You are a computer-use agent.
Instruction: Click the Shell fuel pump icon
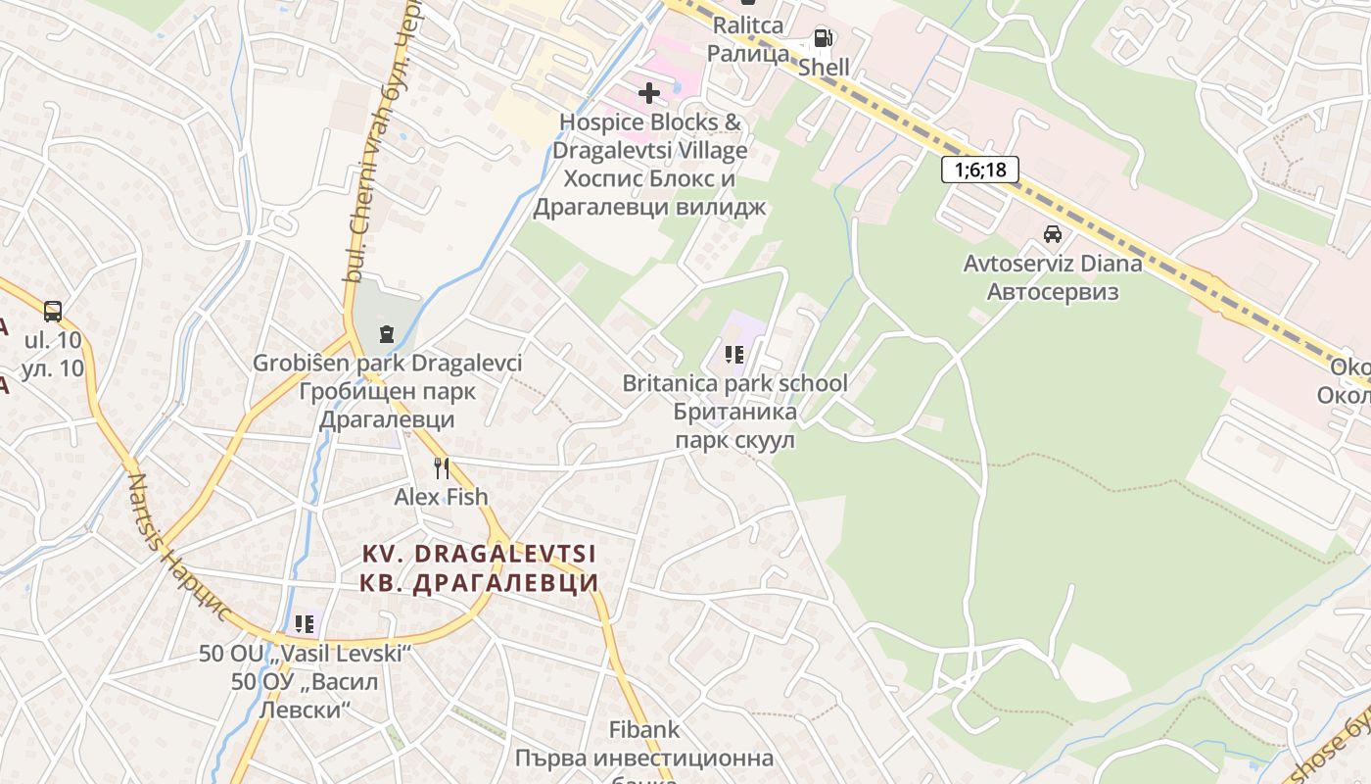click(824, 39)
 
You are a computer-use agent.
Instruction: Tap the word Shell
click(824, 68)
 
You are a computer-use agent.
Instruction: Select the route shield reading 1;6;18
click(979, 170)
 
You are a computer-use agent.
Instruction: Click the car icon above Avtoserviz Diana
click(1053, 234)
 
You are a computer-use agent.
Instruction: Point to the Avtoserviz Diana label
click(1053, 264)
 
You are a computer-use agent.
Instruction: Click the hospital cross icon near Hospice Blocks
click(648, 94)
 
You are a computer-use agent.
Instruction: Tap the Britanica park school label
click(734, 383)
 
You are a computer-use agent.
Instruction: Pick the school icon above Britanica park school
click(734, 354)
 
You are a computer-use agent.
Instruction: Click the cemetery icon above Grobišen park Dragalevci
click(387, 334)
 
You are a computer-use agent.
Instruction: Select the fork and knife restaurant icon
click(442, 468)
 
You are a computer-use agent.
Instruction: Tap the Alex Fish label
click(441, 497)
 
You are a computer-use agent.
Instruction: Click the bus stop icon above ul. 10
click(53, 312)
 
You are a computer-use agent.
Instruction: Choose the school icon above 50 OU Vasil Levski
click(305, 623)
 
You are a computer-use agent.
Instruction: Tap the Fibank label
click(644, 730)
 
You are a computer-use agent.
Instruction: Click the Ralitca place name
click(748, 25)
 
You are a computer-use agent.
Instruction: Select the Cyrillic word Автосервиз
click(1053, 292)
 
